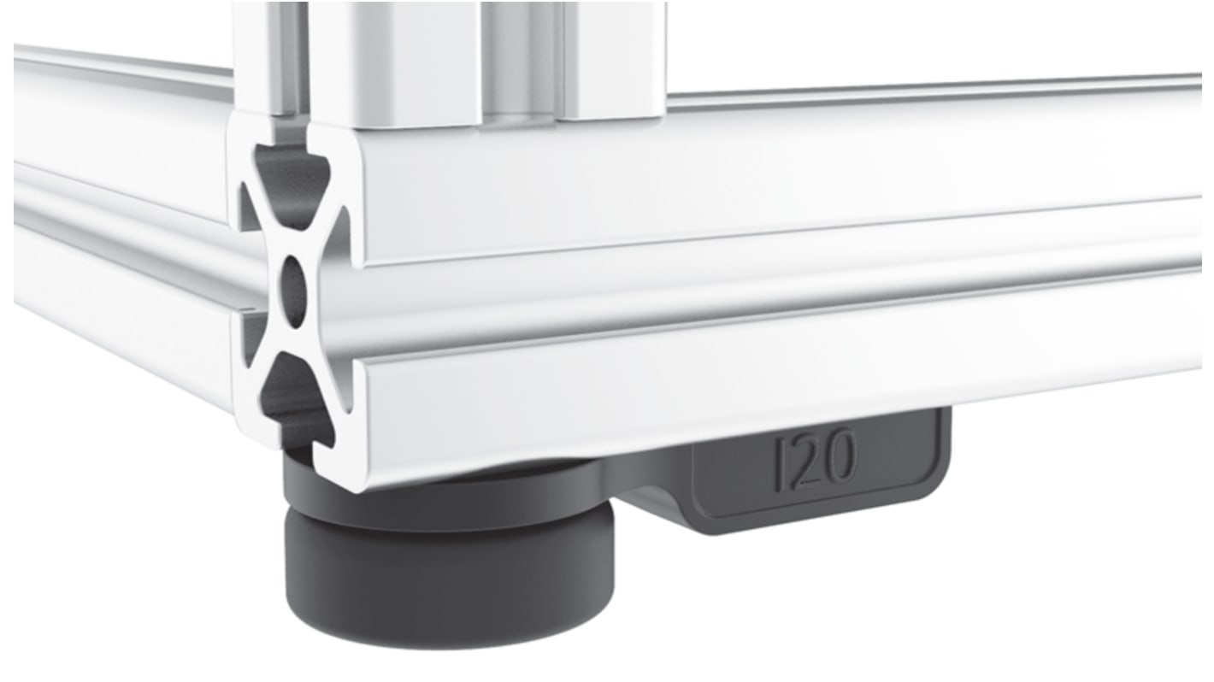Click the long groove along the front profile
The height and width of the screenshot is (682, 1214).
coord(769,295)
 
